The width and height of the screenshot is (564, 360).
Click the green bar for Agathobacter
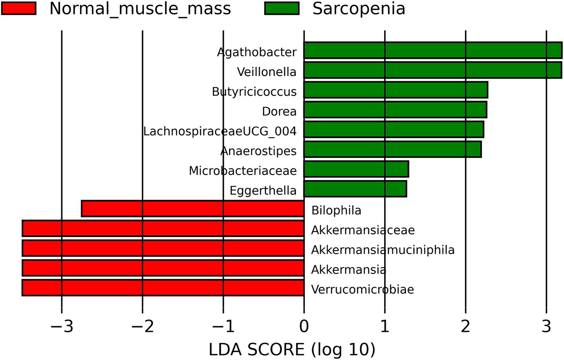[x=433, y=51]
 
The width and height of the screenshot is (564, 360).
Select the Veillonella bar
[x=433, y=70]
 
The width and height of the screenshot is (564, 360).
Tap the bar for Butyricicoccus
[x=396, y=90]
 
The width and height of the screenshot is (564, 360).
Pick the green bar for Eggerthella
[x=355, y=189]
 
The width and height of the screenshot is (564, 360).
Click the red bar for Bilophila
[x=193, y=209]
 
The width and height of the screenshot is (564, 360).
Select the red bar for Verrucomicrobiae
[x=163, y=288]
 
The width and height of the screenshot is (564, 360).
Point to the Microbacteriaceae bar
[x=356, y=169]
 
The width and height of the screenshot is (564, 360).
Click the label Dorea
[x=279, y=111]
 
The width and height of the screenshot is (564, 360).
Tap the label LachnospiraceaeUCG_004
[x=220, y=131]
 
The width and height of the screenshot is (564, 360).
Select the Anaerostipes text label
[x=258, y=151]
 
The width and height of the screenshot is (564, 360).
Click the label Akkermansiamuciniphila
[x=383, y=250]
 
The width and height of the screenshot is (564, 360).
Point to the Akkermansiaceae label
[x=363, y=230]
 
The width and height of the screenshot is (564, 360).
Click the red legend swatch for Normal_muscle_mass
[x=19, y=8]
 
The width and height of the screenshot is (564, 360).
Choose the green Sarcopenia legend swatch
[x=282, y=8]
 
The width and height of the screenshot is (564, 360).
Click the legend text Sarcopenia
[x=359, y=9]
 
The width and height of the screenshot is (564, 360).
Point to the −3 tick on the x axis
[x=62, y=327]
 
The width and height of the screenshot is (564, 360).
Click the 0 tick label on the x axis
[x=304, y=327]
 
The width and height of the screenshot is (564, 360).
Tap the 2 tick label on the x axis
[x=466, y=327]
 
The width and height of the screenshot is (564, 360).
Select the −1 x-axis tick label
[x=223, y=327]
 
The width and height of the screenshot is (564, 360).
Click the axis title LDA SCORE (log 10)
[x=292, y=350]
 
